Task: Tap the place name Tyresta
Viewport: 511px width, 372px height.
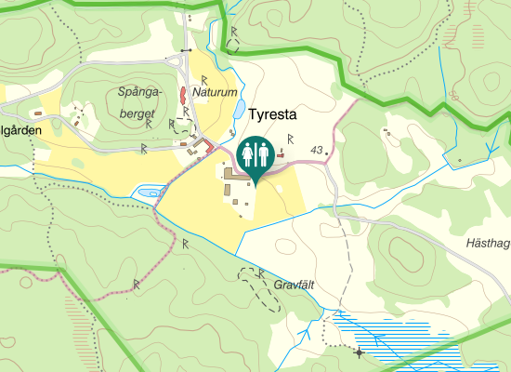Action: point(272,116)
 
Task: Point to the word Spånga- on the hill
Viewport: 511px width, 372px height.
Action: point(141,91)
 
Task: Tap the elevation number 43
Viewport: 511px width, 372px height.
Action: point(317,150)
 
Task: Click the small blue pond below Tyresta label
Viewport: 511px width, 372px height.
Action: point(240,110)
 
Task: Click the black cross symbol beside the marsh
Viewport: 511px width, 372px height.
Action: point(359,352)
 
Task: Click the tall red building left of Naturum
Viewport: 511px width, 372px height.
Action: point(183,95)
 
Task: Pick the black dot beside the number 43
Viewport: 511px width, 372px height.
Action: point(328,152)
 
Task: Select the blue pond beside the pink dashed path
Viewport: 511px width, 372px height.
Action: point(147,193)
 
